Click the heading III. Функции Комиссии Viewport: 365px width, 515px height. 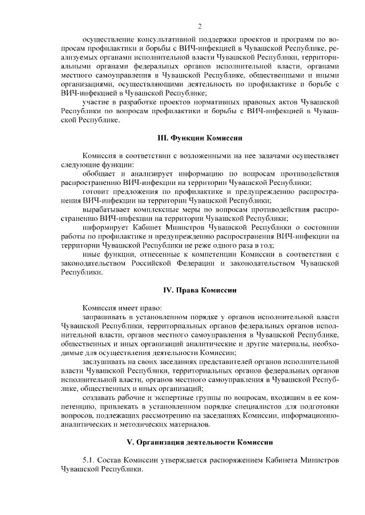[200, 138]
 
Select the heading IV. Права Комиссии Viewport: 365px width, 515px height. [200, 290]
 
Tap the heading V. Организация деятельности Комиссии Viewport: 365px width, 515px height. [200, 442]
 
